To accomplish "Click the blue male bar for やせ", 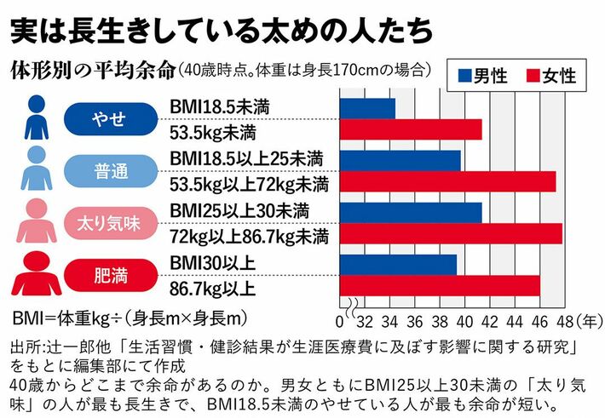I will [x=367, y=109].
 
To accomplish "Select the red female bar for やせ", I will [x=411, y=129].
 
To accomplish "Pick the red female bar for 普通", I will [x=447, y=181].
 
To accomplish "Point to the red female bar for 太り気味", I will [x=451, y=233].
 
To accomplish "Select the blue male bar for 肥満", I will [x=398, y=265].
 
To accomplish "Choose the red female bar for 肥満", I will [x=440, y=285].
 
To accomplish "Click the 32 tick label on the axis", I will [x=365, y=321].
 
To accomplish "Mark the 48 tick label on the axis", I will [x=562, y=321].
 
